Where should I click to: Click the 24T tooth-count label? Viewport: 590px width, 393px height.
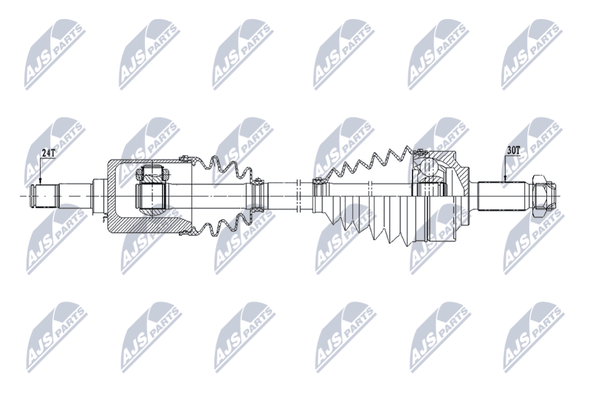(x=47, y=153)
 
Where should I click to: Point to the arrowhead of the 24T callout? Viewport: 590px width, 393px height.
(x=40, y=183)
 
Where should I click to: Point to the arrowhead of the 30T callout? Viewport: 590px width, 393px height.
(x=505, y=181)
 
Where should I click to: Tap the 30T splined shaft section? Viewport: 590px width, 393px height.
(x=501, y=196)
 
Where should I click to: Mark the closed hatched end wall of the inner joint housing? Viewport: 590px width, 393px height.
(x=113, y=196)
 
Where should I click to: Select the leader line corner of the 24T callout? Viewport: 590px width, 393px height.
(x=40, y=158)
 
